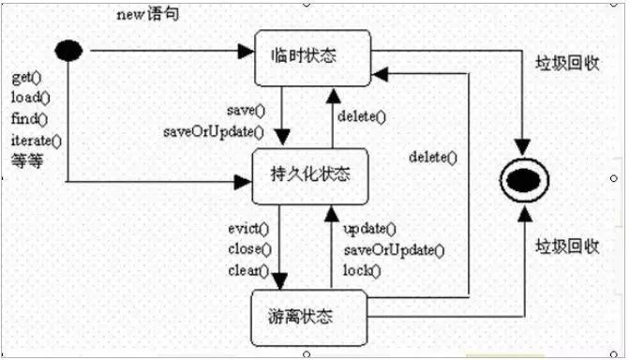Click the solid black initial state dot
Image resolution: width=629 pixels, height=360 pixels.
coord(68,49)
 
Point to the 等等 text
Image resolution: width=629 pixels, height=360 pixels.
coord(27,159)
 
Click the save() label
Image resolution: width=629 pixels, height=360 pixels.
coord(247,110)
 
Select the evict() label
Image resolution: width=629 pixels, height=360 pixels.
coord(248,229)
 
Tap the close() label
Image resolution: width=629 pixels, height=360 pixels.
coord(248,249)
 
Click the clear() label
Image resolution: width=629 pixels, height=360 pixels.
coord(248,271)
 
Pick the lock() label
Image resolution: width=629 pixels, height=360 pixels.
coord(363,271)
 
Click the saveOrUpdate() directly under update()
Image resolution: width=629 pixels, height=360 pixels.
coord(394,250)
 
